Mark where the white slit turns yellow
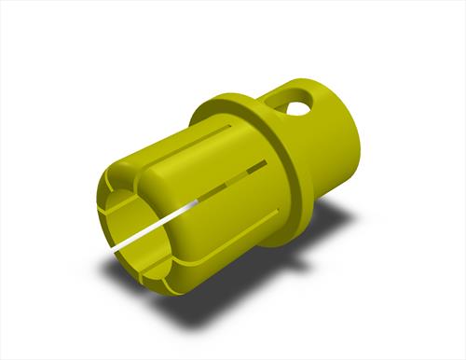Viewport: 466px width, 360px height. click(x=198, y=201)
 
